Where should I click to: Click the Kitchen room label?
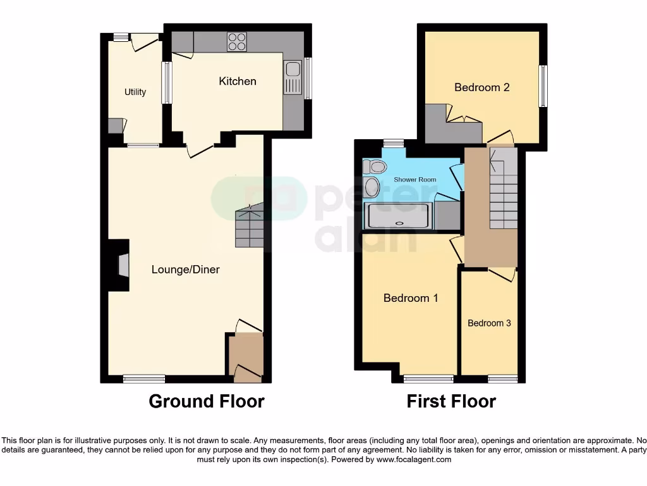point(238,81)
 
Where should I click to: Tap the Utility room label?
point(135,92)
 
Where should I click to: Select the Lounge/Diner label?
point(185,270)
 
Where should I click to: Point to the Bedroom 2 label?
point(481,87)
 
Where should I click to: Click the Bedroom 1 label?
point(411,298)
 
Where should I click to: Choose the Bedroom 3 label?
point(489,323)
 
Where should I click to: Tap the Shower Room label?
point(415,180)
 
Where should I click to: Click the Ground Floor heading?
point(207,401)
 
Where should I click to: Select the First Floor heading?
point(451,401)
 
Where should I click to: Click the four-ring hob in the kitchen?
point(238,41)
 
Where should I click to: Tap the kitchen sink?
point(293,77)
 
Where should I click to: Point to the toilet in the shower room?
point(375,166)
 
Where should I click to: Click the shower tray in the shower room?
point(399,216)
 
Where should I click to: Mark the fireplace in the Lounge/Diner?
point(123,265)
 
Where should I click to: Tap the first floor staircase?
point(504,189)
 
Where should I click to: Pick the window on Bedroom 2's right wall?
point(543,86)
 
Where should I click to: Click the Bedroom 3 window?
point(502,379)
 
